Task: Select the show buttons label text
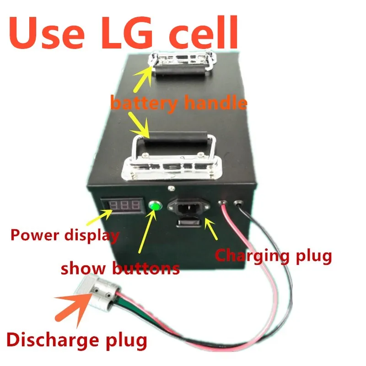120,268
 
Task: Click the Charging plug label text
273,255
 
